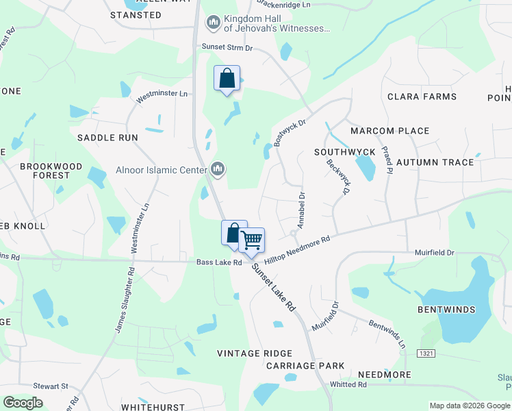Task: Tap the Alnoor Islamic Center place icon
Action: pyautogui.click(x=218, y=169)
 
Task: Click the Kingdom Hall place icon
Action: pyautogui.click(x=213, y=23)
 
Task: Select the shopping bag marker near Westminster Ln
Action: pyautogui.click(x=227, y=78)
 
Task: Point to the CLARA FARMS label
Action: pyautogui.click(x=422, y=97)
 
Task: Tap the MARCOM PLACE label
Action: pyautogui.click(x=389, y=131)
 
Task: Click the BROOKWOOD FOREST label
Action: pyautogui.click(x=51, y=171)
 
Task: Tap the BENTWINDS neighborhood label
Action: pyautogui.click(x=446, y=310)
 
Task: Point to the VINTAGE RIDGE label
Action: pyautogui.click(x=255, y=353)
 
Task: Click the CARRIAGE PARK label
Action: pyautogui.click(x=305, y=366)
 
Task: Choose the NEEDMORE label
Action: pyautogui.click(x=385, y=375)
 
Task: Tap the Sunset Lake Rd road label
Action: pyautogui.click(x=272, y=288)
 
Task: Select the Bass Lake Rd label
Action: pyautogui.click(x=219, y=262)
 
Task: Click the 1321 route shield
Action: pyautogui.click(x=425, y=351)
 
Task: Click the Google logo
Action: pyautogui.click(x=23, y=402)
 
